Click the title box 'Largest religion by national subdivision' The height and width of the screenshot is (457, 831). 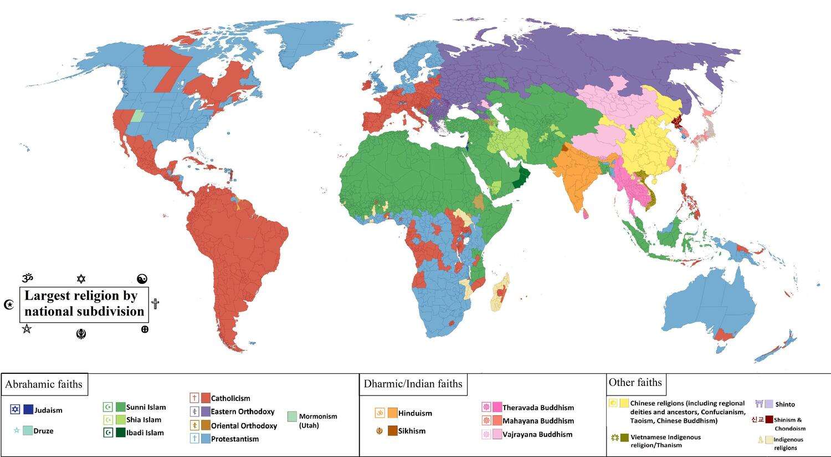84,303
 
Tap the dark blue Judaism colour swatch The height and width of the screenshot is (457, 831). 28,410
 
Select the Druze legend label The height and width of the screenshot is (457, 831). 44,431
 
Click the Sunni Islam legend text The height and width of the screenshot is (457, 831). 146,407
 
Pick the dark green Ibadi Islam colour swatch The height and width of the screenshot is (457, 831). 120,433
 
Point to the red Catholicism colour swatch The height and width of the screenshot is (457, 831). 206,398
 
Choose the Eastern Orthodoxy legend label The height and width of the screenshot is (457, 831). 243,412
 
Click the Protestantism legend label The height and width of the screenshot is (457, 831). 235,439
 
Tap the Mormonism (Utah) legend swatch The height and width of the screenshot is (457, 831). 292,417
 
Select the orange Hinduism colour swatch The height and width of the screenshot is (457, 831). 393,413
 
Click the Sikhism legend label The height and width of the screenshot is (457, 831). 412,431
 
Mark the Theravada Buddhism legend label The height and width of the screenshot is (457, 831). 538,408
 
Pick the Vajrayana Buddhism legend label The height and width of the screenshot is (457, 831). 537,434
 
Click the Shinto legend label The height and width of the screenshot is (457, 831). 785,404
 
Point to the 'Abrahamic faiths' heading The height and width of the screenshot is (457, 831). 44,384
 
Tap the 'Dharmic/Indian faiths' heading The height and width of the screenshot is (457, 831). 413,384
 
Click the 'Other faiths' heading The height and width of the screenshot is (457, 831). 635,382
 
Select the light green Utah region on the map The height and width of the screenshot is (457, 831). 137,116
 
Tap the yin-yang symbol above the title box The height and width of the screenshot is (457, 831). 142,279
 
